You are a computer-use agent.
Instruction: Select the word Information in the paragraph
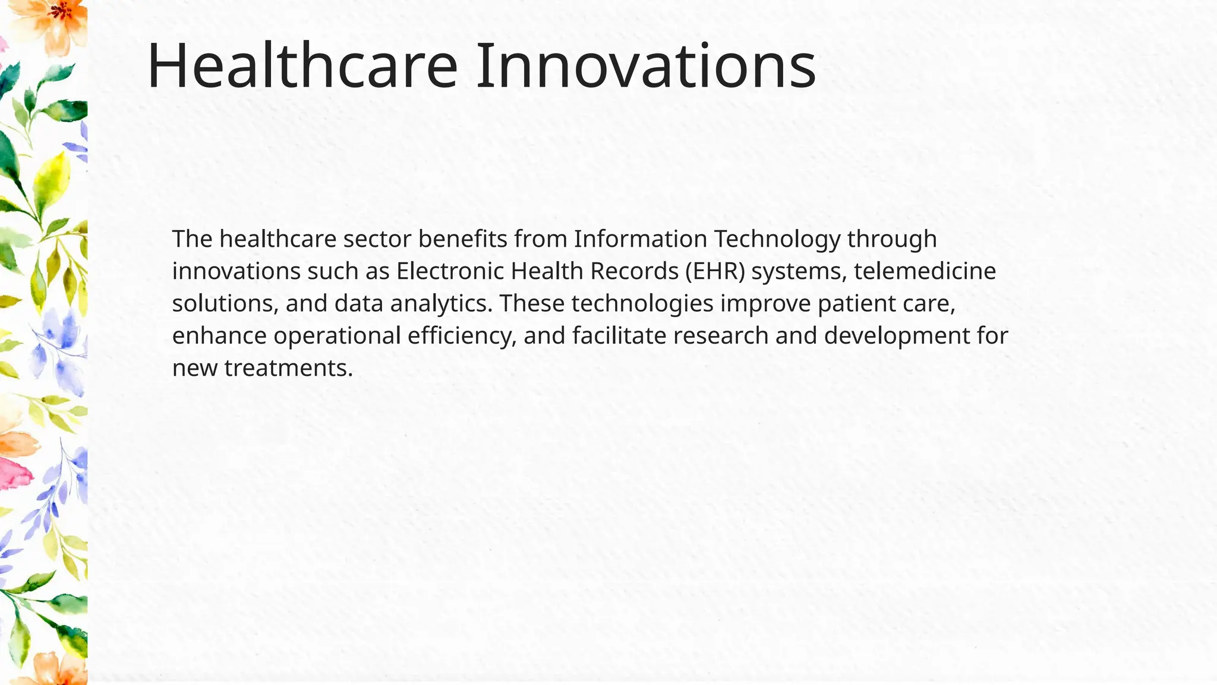pyautogui.click(x=641, y=239)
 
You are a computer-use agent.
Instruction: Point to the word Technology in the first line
pyautogui.click(x=777, y=239)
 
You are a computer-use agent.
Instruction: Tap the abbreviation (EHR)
pyautogui.click(x=714, y=271)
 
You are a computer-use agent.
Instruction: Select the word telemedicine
pyautogui.click(x=925, y=271)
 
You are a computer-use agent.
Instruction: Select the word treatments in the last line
pyautogui.click(x=289, y=368)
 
